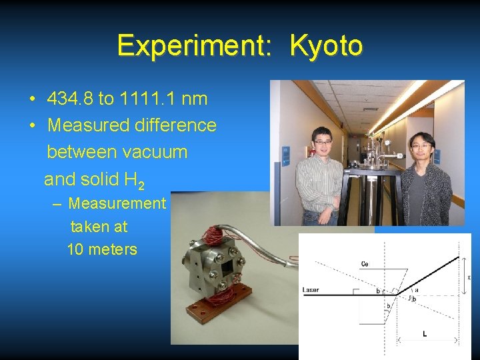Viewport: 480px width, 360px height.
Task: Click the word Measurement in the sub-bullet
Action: [117, 203]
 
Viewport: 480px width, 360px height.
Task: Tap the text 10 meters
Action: [102, 250]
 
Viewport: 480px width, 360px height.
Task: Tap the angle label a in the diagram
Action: [416, 290]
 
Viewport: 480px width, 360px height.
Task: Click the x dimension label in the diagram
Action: [469, 277]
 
